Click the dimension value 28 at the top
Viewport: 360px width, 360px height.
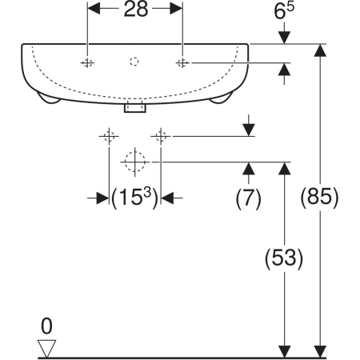(x=136, y=10)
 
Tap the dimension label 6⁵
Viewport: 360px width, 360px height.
(x=284, y=11)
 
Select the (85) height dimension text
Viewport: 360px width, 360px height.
(x=319, y=198)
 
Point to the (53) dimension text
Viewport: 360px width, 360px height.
(x=284, y=258)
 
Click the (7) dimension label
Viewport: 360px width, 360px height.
(x=248, y=198)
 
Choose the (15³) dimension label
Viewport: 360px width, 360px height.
(x=135, y=198)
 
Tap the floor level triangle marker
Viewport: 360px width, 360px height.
(x=46, y=348)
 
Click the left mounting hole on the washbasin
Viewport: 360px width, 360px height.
(x=87, y=63)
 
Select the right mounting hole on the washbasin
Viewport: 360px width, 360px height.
(x=182, y=63)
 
